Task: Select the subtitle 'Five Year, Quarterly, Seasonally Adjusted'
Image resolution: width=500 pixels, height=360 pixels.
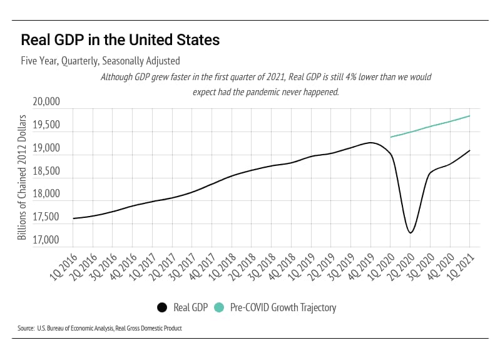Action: click(101, 61)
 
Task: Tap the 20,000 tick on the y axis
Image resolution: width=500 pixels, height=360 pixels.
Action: click(44, 102)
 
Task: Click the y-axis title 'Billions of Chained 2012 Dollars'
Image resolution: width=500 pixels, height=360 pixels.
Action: click(23, 177)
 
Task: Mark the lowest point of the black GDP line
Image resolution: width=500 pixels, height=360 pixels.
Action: click(411, 233)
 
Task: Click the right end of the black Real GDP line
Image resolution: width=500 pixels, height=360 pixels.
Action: click(469, 150)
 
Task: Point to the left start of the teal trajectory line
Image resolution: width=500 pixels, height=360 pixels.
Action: click(390, 137)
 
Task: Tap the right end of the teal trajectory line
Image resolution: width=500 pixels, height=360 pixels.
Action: click(469, 116)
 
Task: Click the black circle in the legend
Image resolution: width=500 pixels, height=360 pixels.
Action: click(162, 307)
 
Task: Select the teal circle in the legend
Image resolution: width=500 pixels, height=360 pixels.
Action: click(218, 307)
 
